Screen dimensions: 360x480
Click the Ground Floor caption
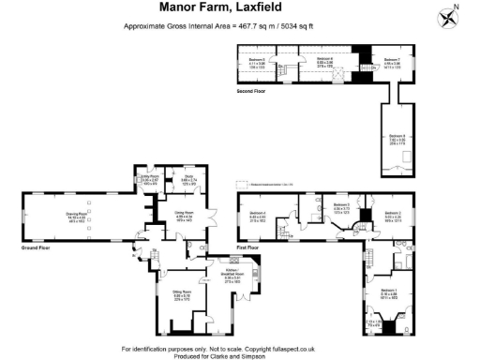36,247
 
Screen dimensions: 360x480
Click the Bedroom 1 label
387,291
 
